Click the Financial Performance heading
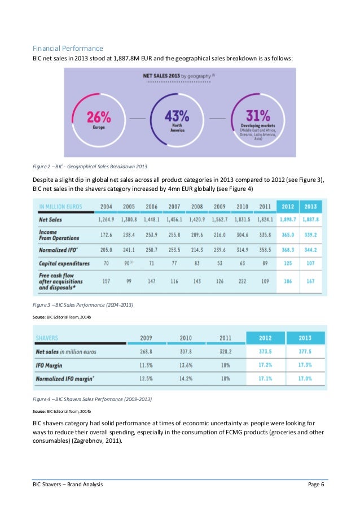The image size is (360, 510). coord(67,49)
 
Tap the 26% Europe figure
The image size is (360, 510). coord(99,117)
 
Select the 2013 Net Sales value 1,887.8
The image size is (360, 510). coord(311,219)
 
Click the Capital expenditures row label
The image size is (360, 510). coord(64,263)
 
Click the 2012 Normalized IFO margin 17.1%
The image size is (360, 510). coord(265,378)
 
